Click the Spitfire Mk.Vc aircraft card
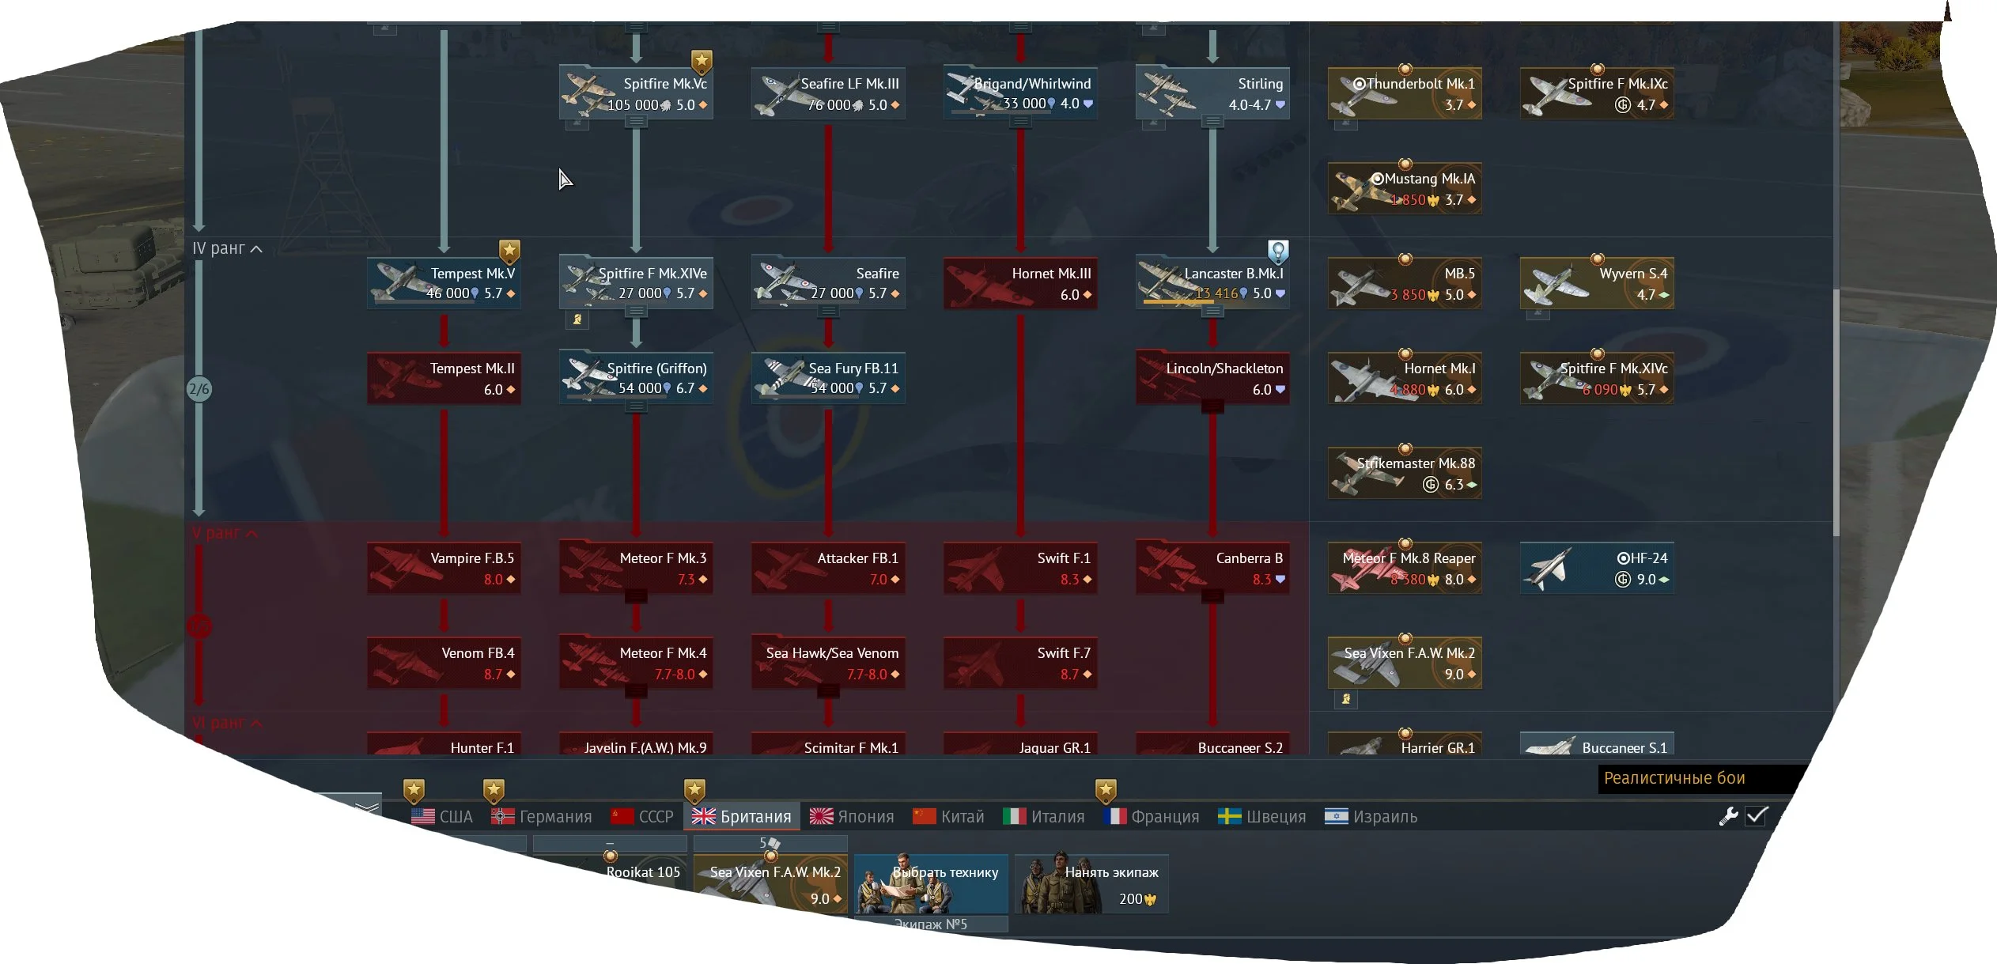pos(636,93)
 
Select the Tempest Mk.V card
pos(444,283)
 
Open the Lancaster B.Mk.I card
pos(1212,283)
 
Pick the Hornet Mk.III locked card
pos(1020,283)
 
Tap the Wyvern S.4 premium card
pos(1596,283)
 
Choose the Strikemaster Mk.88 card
pos(1405,473)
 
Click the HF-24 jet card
pos(1596,568)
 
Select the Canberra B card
pos(1212,568)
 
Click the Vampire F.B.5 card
pos(444,568)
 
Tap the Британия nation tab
pos(742,816)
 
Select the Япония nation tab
pos(852,816)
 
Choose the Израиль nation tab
pos(1371,816)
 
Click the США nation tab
pos(442,816)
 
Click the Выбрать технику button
pos(931,884)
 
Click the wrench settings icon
pos(1728,816)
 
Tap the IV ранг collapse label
pos(227,248)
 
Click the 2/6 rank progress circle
pos(199,389)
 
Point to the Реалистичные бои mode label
pos(1674,778)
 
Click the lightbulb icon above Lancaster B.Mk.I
pos(1278,251)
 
